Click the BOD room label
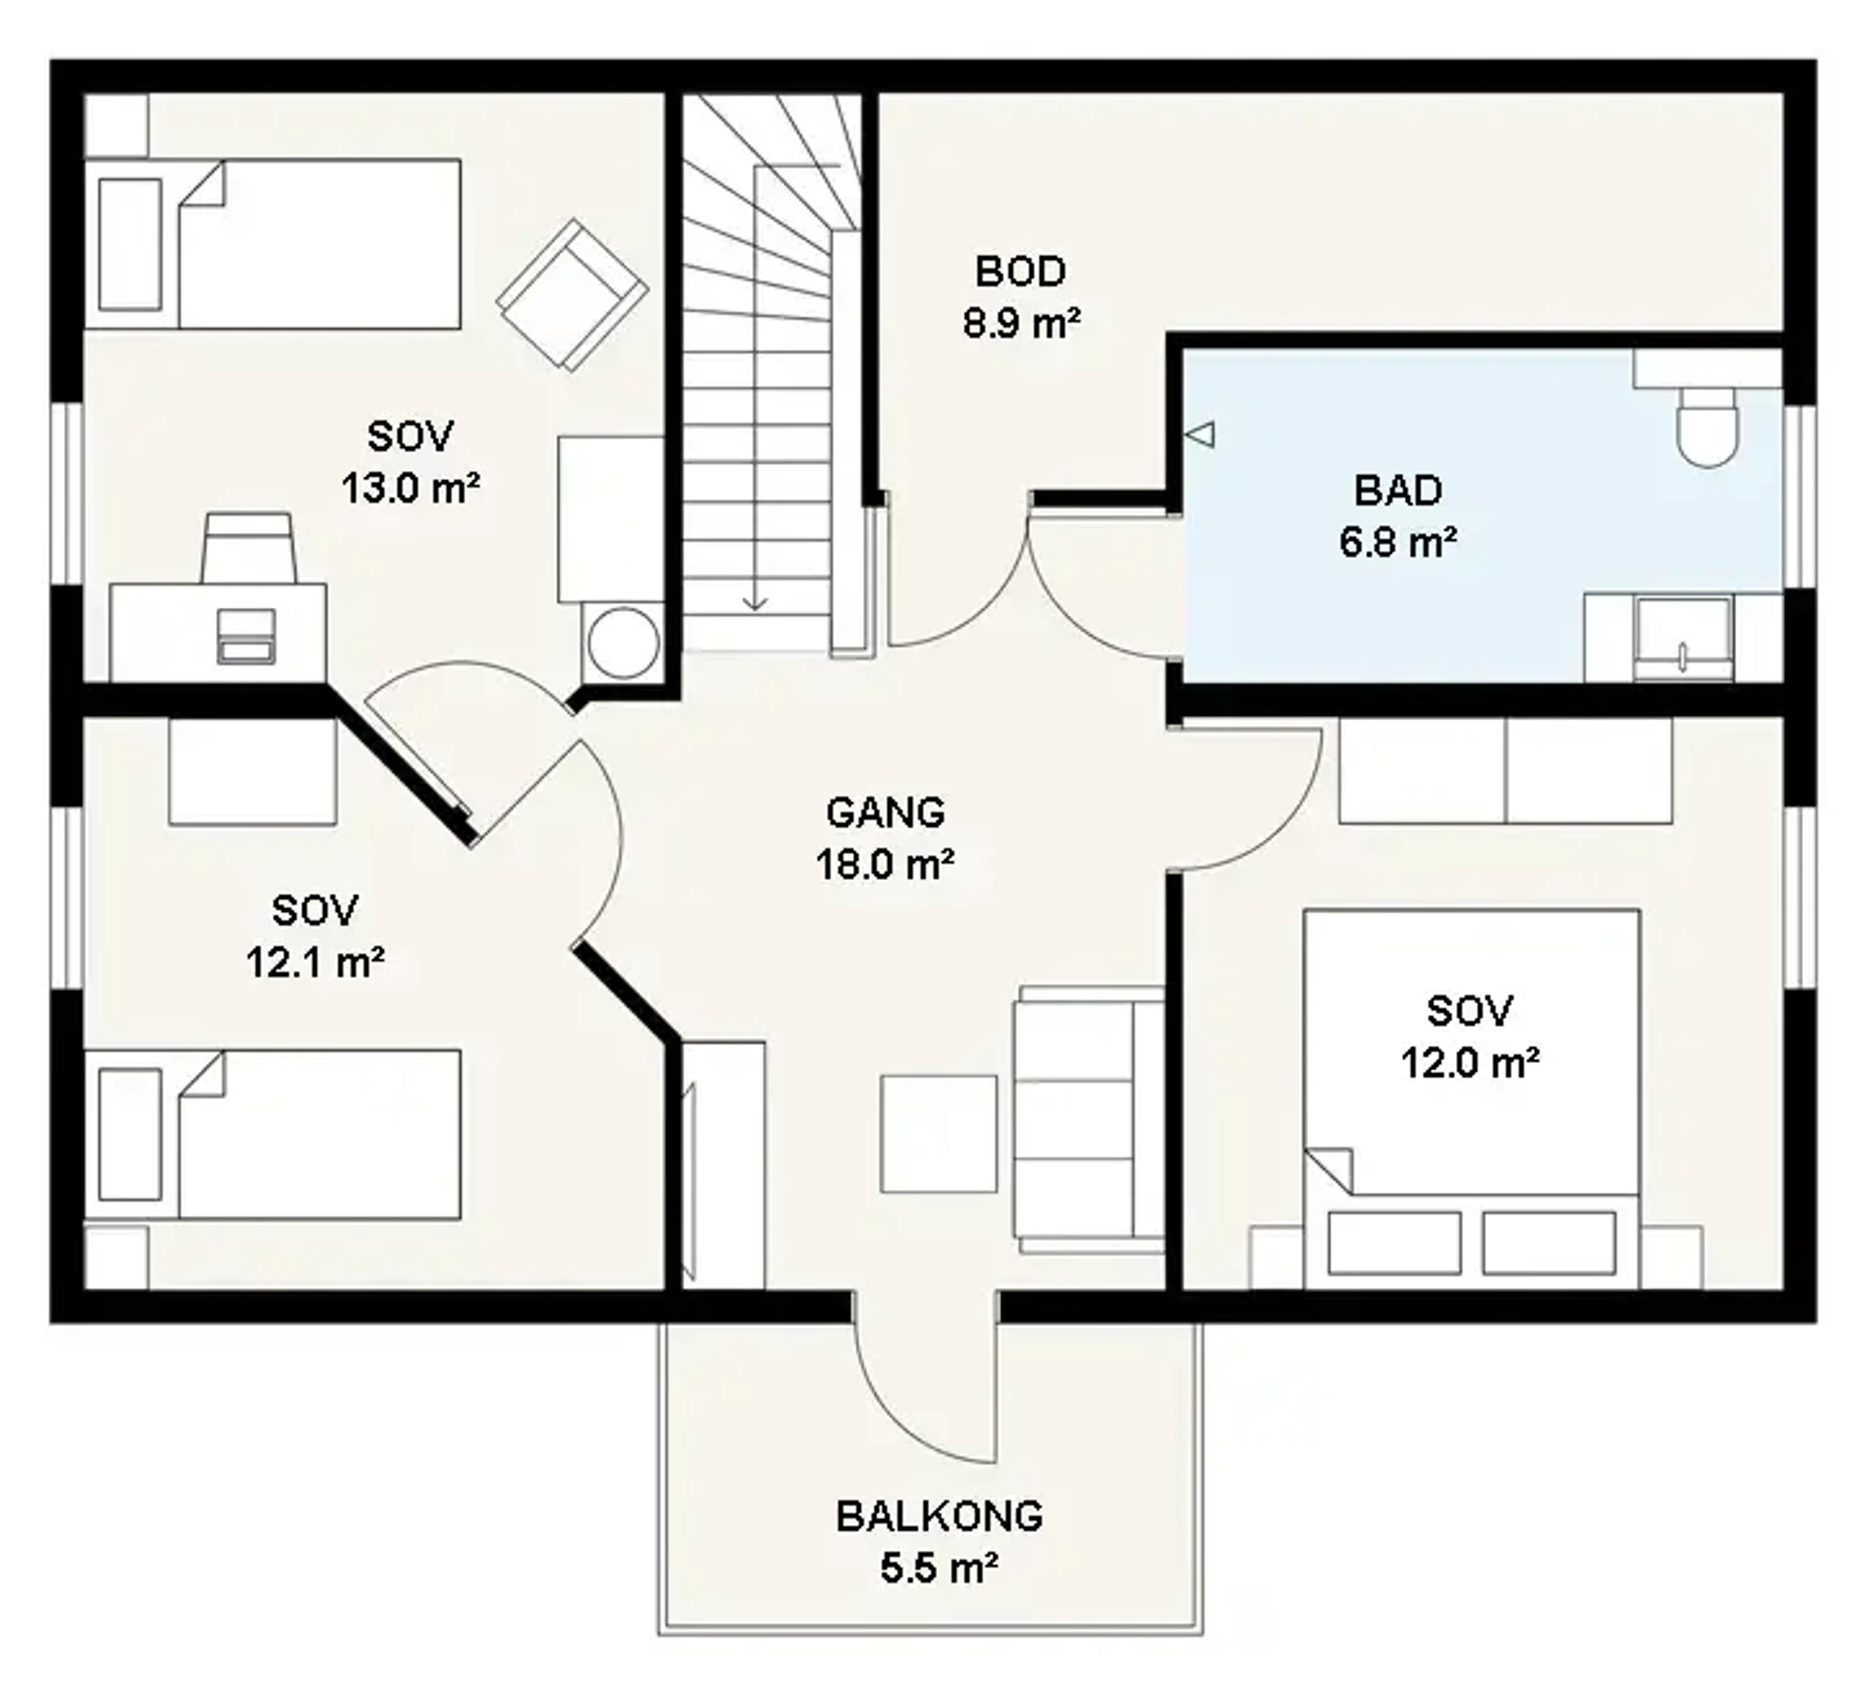tap(1020, 271)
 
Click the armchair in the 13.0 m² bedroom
tap(571, 294)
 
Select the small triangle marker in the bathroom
tap(1200, 434)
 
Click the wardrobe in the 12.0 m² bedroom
tap(1505, 770)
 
